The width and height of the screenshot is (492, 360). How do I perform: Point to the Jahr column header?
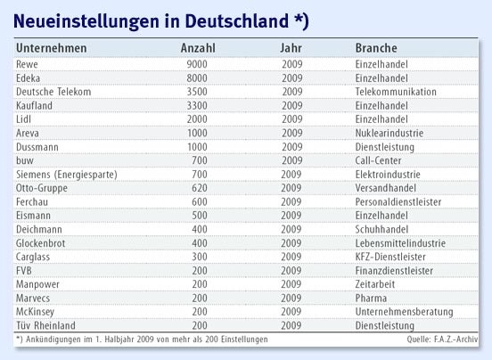pyautogui.click(x=292, y=47)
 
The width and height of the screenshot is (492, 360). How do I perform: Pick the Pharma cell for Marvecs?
pyautogui.click(x=371, y=299)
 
